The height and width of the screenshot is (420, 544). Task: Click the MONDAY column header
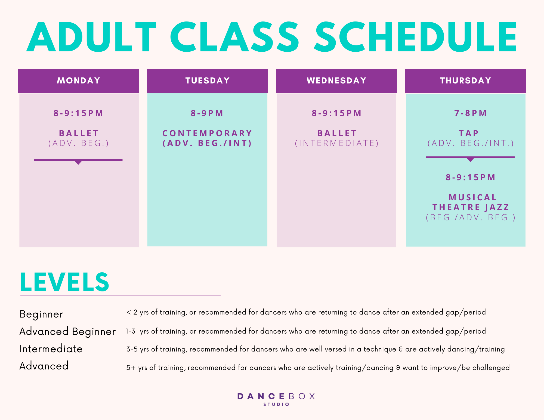[78, 81]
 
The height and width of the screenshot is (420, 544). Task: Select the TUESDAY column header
[208, 81]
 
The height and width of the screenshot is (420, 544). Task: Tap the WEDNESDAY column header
[336, 81]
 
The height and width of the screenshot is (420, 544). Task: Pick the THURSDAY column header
[465, 81]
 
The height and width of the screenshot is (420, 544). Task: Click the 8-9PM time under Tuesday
[207, 113]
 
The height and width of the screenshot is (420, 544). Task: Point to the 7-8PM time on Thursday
[471, 113]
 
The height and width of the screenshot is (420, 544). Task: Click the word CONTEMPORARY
[207, 133]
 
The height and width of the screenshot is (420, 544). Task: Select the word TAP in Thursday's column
[469, 133]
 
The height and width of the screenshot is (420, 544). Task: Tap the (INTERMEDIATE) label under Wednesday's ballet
[337, 143]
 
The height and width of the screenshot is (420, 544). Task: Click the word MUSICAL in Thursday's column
[473, 197]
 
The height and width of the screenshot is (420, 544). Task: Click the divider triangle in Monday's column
[78, 162]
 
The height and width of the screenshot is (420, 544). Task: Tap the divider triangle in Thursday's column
[470, 159]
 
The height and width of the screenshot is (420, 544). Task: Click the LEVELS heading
[65, 282]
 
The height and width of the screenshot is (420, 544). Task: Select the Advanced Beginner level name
[67, 332]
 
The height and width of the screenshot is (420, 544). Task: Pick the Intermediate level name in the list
[51, 349]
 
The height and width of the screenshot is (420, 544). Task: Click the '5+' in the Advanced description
[131, 368]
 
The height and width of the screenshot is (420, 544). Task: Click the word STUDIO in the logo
[276, 405]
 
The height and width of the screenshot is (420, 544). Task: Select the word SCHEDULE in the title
[415, 37]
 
